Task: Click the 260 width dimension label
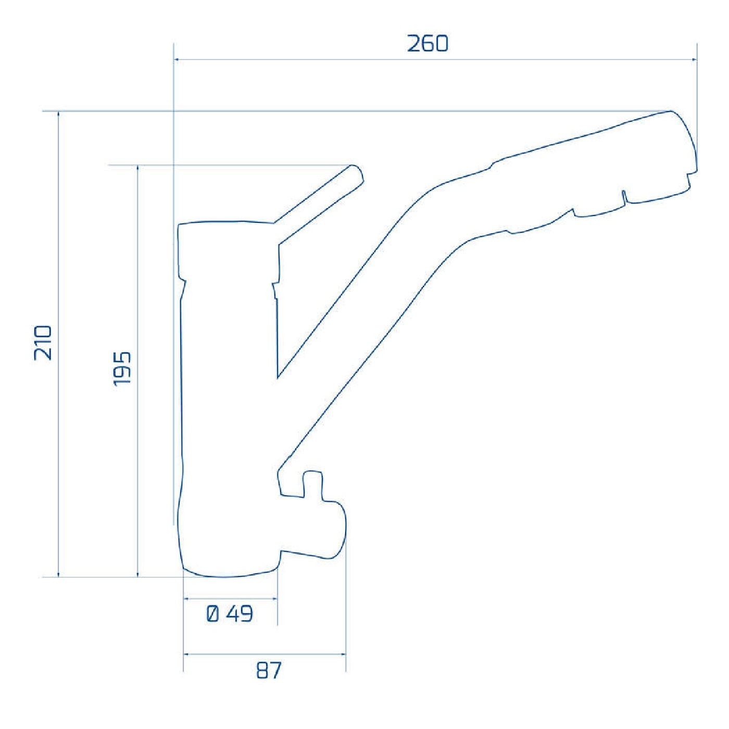[428, 44]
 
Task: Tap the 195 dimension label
[122, 369]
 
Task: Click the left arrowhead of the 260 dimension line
[177, 59]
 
